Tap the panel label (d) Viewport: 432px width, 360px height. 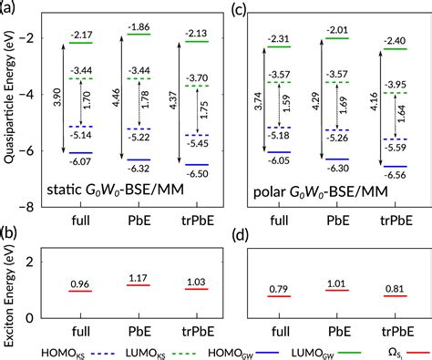238,235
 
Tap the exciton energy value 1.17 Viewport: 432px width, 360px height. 139,278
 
